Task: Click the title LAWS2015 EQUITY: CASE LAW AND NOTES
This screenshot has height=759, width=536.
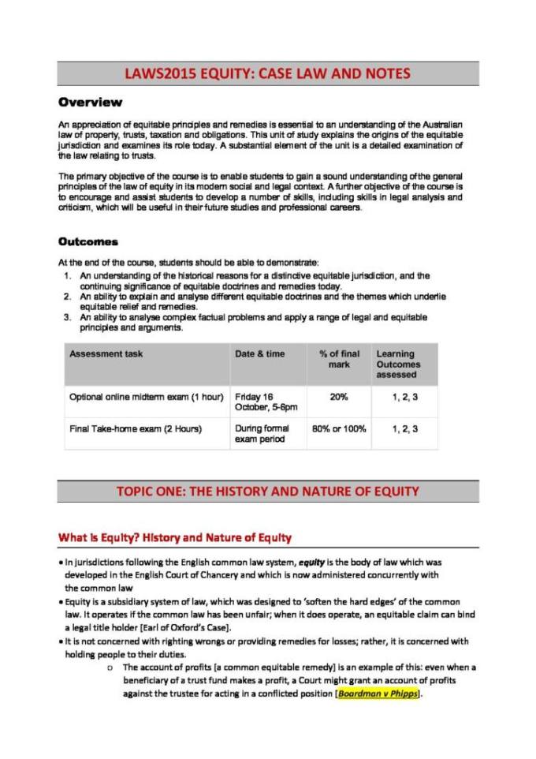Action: [268, 74]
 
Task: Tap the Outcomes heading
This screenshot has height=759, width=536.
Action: [88, 241]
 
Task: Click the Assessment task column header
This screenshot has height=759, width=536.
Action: [106, 354]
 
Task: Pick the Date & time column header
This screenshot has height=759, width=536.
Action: [259, 354]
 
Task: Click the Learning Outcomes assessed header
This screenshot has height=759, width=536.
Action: [398, 365]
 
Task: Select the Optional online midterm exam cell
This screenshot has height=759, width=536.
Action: [147, 396]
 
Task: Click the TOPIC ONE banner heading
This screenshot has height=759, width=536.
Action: [268, 492]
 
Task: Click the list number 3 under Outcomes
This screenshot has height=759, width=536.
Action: [69, 316]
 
